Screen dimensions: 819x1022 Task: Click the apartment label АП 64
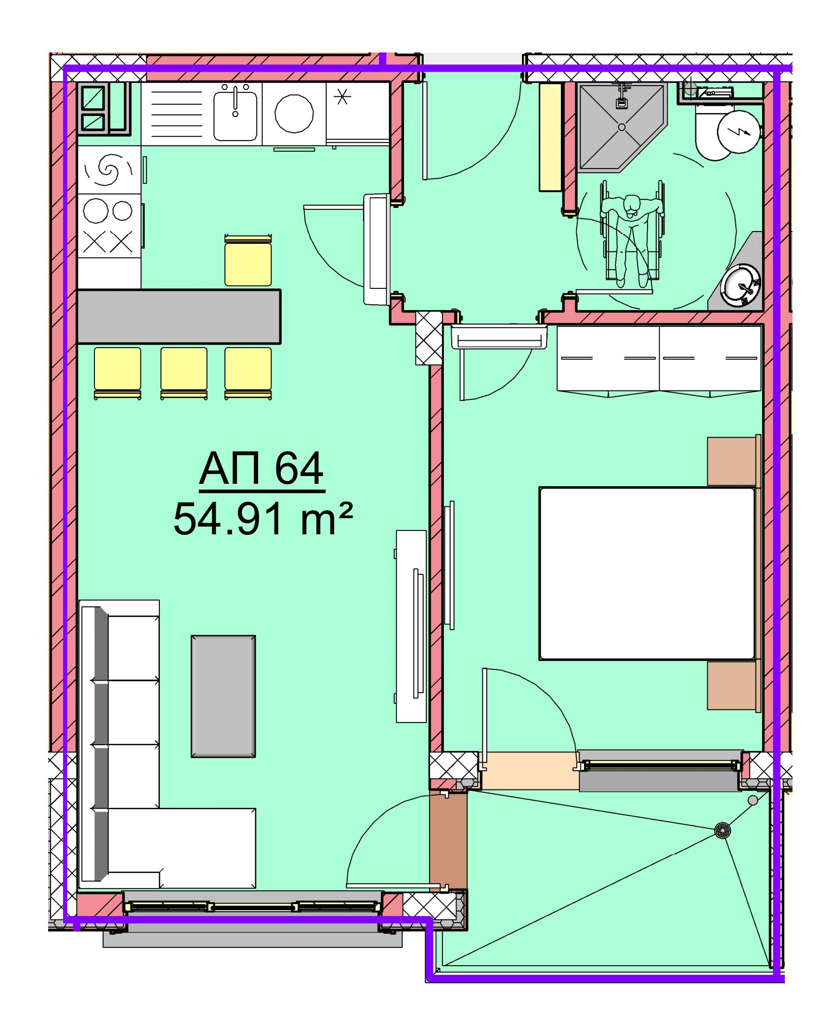[261, 469]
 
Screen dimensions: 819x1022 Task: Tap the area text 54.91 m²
[263, 518]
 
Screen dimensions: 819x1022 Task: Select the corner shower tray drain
[622, 127]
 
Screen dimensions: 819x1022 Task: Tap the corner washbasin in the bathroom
[741, 284]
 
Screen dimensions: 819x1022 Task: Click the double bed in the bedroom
[647, 573]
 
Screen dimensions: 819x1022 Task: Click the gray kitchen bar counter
[179, 316]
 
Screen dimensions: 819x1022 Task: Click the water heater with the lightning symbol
[739, 131]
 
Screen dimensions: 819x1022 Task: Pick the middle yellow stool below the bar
[184, 373]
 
